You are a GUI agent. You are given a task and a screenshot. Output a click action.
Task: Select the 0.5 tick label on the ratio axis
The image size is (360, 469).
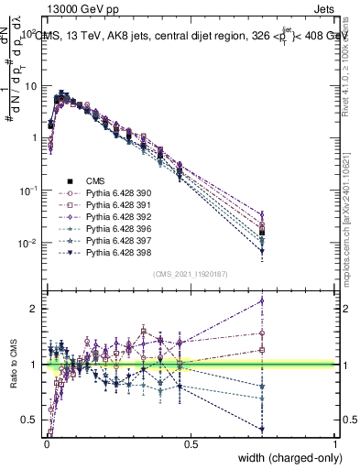coord(29,420)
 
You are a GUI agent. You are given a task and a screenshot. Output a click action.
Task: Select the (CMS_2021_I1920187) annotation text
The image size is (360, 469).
coord(191,273)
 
